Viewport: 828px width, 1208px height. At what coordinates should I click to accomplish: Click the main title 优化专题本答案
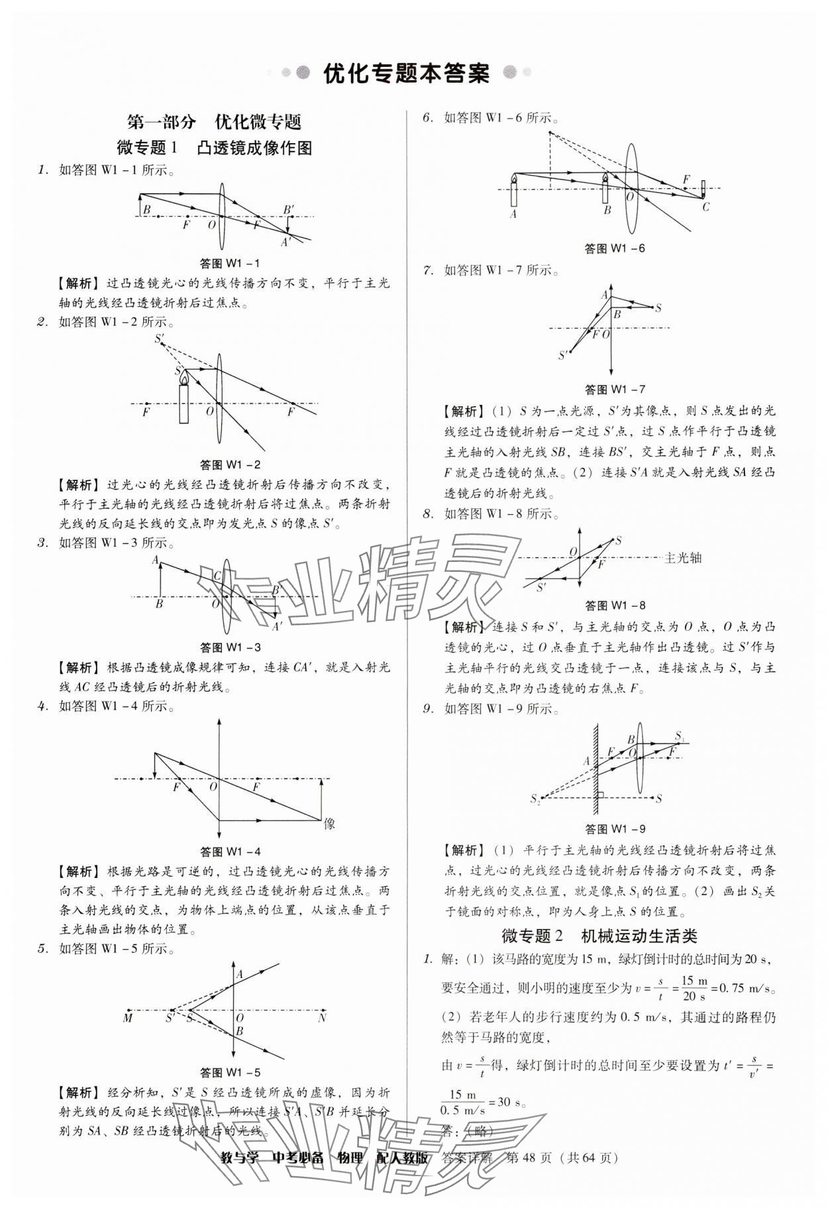pyautogui.click(x=405, y=74)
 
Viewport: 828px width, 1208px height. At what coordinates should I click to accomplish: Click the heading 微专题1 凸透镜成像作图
pyautogui.click(x=214, y=147)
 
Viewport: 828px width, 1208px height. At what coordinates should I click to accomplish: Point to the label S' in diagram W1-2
pyautogui.click(x=160, y=339)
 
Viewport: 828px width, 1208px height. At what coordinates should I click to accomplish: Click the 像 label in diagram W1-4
pyautogui.click(x=330, y=824)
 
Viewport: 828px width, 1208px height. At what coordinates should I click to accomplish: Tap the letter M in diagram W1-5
pyautogui.click(x=128, y=1018)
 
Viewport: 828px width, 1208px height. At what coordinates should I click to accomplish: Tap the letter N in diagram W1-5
pyautogui.click(x=322, y=1018)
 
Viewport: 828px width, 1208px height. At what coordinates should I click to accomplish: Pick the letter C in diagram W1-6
pyautogui.click(x=705, y=207)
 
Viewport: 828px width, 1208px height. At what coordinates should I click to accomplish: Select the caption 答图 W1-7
pyautogui.click(x=615, y=389)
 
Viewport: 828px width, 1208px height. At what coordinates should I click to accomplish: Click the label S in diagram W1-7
pyautogui.click(x=658, y=308)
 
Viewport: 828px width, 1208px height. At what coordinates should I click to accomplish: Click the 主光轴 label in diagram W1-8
pyautogui.click(x=682, y=558)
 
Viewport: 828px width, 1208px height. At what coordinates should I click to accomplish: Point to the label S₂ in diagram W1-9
pyautogui.click(x=535, y=800)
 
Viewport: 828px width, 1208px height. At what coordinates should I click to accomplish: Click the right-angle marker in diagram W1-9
pyautogui.click(x=600, y=795)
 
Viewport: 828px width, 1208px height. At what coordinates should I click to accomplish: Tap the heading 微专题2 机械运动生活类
pyautogui.click(x=599, y=936)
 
